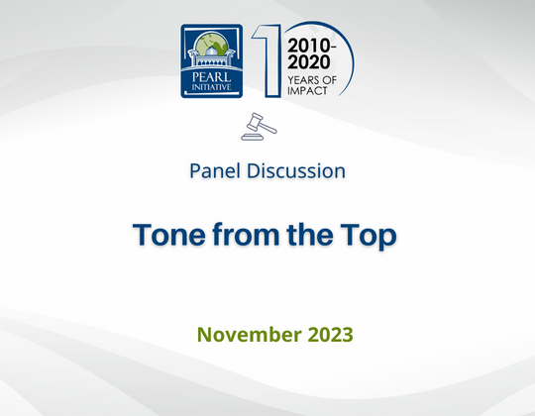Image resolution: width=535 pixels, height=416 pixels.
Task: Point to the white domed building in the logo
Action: [x=211, y=55]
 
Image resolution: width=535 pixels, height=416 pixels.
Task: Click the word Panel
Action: [x=215, y=170]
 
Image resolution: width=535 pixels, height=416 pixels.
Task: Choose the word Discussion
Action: [x=296, y=170]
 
